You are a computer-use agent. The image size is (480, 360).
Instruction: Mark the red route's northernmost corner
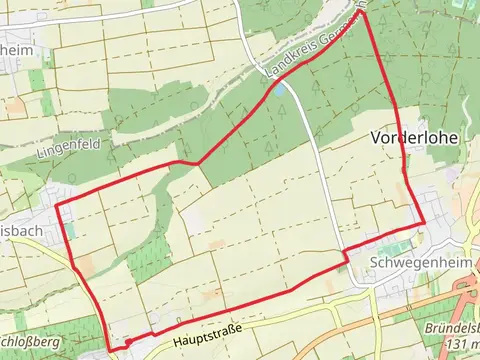pos(364,13)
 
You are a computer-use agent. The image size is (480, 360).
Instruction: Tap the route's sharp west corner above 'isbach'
pos(56,205)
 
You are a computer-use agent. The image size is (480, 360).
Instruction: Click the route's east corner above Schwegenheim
pos(424,223)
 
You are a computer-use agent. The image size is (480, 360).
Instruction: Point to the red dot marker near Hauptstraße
pos(128,342)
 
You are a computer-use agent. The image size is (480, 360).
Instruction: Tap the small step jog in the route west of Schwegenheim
pos(346,257)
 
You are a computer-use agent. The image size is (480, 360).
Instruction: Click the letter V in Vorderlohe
pos(378,138)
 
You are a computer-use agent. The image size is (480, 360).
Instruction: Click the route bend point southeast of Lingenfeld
pos(198,162)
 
